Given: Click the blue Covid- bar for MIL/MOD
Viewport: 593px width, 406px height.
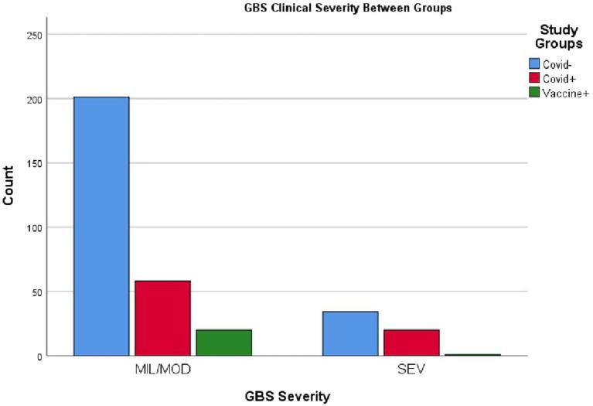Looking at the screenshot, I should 101,226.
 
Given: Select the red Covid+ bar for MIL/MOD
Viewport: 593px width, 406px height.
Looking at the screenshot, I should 162,318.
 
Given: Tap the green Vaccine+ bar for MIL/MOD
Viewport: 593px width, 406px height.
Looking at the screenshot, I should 223,343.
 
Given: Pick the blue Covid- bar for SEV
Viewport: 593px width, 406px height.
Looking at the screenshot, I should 350,333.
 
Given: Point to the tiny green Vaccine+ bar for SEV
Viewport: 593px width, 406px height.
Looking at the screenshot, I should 472,354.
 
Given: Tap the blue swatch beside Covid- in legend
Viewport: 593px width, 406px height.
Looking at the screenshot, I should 534,63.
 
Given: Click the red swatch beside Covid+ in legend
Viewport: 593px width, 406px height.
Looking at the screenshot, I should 534,77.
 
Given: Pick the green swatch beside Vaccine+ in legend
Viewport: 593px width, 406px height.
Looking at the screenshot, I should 534,92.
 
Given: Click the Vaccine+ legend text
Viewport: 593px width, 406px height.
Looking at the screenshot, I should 567,92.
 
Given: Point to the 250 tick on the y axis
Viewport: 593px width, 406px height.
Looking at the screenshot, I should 36,35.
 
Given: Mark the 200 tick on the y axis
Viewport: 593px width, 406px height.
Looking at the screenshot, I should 36,99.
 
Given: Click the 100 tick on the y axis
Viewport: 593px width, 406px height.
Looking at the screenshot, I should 36,227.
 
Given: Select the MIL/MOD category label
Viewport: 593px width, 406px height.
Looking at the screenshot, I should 162,370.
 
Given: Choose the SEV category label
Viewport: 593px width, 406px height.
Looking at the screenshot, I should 411,370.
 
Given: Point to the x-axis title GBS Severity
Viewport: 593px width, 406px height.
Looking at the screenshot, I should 287,397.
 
